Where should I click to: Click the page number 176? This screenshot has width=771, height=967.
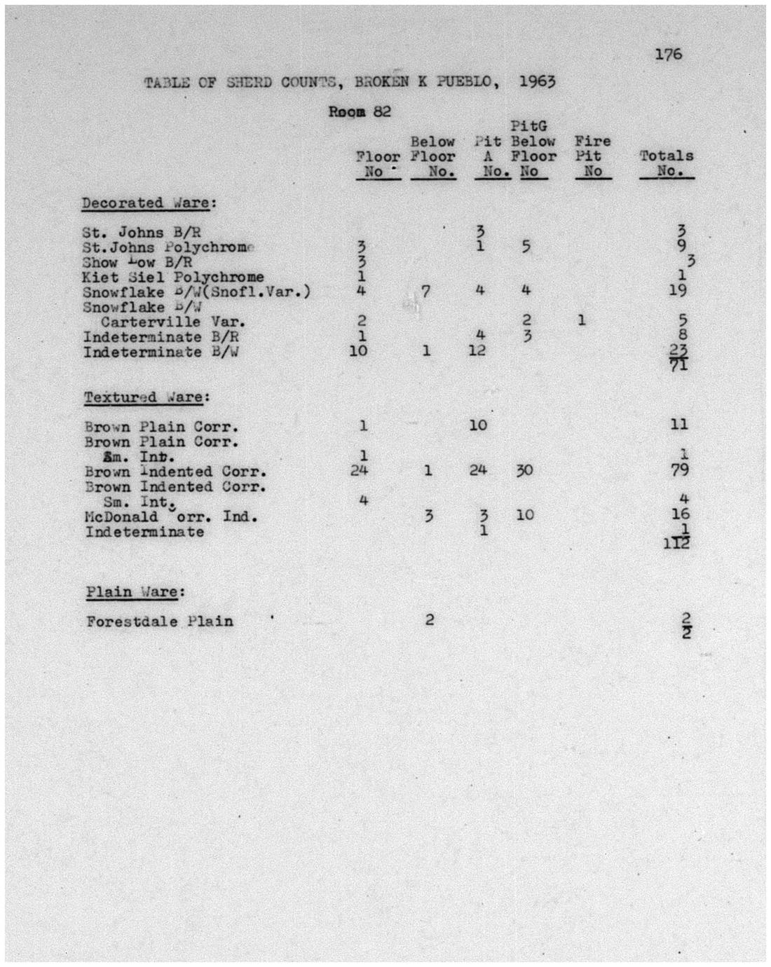pos(668,54)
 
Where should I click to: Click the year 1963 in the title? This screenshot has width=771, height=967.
pos(537,81)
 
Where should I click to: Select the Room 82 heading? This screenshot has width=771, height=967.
pos(360,111)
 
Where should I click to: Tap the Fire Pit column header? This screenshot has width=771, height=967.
pos(592,156)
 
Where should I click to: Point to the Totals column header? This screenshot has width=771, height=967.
pos(666,163)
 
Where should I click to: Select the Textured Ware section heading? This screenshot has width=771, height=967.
pos(147,397)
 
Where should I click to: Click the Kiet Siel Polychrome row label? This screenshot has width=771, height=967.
pos(173,277)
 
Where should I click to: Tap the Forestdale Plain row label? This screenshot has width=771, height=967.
pos(160,622)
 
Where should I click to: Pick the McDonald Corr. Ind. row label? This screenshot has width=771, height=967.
pos(171,517)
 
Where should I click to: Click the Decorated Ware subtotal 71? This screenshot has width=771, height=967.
pos(678,364)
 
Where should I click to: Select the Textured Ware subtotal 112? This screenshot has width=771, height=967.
pos(677,542)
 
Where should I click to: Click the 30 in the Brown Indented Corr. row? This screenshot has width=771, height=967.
pos(524,470)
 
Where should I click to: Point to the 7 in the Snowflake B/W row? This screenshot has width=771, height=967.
pos(425,291)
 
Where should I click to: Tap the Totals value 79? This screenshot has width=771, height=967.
pos(678,469)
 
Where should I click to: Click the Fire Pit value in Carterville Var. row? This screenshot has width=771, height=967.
pos(582,321)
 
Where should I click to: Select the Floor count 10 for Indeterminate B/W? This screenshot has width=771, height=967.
pos(358,350)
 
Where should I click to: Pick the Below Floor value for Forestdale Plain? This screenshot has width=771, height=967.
pos(429,619)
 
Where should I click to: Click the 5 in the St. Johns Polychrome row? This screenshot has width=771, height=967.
pos(526,246)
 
